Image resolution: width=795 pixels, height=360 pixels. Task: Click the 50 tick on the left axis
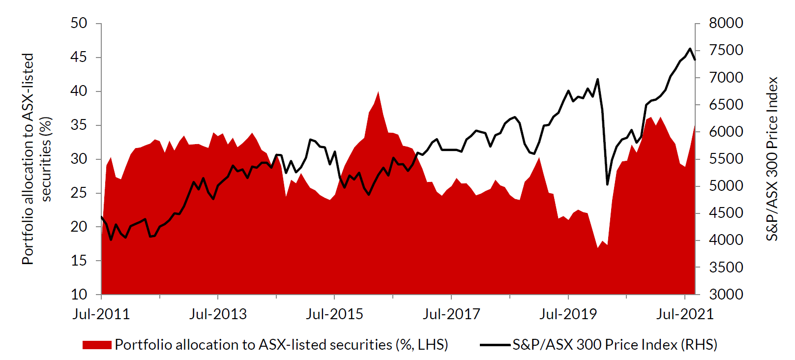79,23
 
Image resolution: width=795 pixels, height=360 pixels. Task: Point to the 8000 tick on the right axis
726,23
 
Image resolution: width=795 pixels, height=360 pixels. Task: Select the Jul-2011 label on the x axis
101,314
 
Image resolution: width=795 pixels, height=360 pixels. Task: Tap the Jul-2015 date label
334,314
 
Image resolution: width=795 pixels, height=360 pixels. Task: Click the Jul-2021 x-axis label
684,314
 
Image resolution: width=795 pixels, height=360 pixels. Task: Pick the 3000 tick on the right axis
726,295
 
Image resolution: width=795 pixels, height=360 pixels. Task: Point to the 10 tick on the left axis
79,295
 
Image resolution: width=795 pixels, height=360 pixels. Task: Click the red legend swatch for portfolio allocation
97,345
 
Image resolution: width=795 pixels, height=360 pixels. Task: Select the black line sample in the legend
495,345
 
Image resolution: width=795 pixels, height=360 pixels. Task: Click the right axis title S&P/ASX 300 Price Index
772,158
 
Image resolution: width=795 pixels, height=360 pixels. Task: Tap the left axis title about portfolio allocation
36,158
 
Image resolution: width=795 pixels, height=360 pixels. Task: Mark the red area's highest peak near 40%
378,92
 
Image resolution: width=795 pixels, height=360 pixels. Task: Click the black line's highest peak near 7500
690,48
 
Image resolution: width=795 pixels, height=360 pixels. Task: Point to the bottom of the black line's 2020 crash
607,184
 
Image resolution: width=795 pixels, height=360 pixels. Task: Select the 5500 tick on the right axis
726,159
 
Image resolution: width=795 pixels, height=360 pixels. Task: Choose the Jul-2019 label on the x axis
568,314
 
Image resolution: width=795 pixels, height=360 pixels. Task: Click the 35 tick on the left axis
79,125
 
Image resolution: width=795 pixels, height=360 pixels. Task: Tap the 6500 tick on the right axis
726,105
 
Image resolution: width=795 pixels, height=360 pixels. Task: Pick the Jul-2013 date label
218,314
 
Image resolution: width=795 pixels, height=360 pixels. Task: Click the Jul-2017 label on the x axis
451,314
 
